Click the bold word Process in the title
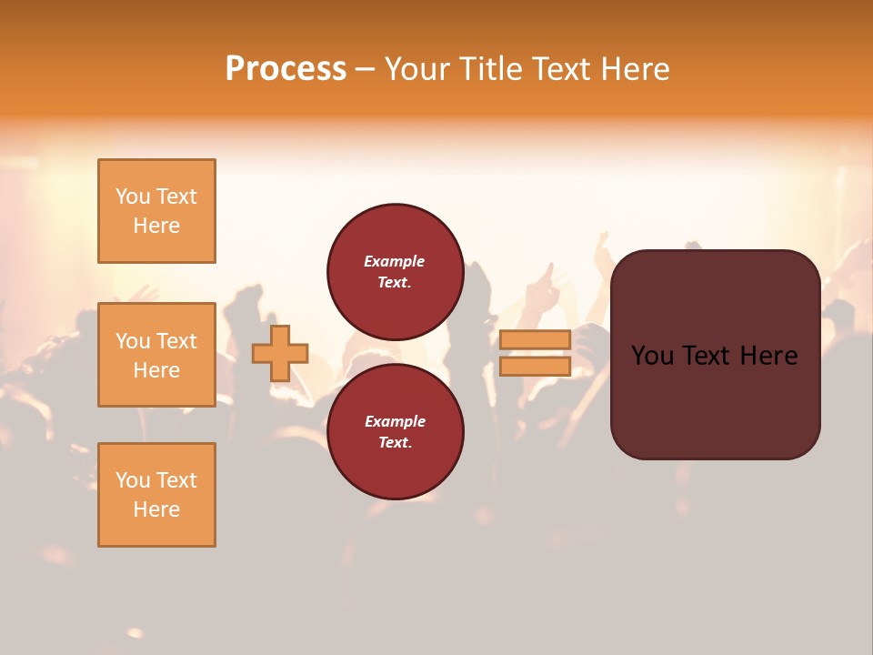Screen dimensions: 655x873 point(286,69)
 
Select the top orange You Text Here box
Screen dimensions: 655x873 point(156,211)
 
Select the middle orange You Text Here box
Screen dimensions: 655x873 point(156,355)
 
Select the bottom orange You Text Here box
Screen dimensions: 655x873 point(156,495)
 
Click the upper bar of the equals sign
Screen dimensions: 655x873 point(535,340)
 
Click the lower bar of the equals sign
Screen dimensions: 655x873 point(535,366)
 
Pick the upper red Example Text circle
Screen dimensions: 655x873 point(395,271)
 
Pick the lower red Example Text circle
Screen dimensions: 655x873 point(395,431)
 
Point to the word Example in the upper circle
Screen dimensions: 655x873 point(395,261)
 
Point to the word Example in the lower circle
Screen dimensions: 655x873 point(395,421)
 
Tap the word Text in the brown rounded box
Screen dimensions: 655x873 point(715,356)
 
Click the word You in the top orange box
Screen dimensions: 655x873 point(132,196)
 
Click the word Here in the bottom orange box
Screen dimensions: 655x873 point(156,509)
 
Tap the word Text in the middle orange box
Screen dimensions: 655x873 point(176,341)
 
